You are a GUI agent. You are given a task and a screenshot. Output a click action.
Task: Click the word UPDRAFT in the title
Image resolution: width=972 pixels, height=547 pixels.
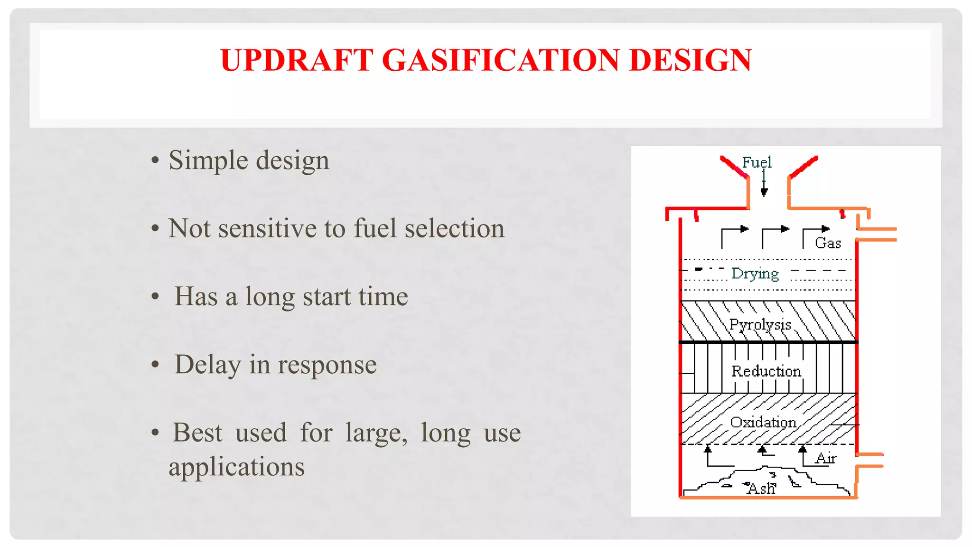[297, 60]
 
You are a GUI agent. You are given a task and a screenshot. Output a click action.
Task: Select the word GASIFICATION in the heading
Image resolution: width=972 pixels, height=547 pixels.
[500, 60]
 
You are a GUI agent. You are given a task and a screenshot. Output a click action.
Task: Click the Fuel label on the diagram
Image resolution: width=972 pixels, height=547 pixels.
[757, 162]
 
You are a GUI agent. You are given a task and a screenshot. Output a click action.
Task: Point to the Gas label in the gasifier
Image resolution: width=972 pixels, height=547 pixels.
[828, 243]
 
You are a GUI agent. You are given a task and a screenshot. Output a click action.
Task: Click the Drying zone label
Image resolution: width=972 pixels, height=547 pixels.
[755, 273]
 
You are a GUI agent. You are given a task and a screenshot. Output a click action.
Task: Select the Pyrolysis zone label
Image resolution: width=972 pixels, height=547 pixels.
[760, 325]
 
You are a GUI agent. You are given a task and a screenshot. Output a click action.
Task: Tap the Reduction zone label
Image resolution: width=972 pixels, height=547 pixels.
[766, 371]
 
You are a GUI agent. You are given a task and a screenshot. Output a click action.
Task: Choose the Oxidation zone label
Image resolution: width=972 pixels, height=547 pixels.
[763, 422]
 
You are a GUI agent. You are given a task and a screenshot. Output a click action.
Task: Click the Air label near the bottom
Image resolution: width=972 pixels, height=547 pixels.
[825, 459]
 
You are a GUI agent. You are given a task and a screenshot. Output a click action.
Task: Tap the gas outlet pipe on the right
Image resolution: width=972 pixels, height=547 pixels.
[877, 235]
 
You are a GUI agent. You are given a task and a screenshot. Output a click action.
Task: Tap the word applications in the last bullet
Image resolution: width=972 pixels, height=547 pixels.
[236, 467]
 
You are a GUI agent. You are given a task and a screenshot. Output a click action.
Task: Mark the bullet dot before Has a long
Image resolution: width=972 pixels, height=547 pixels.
[155, 297]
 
